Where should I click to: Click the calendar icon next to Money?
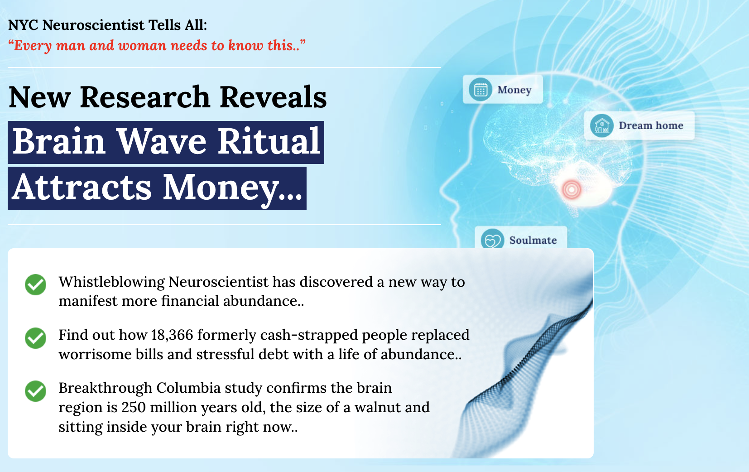[480, 90]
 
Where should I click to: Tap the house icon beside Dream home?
[601, 125]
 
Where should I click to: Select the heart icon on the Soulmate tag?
[492, 240]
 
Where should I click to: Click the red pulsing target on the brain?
[571, 189]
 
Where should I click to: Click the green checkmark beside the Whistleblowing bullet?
[35, 284]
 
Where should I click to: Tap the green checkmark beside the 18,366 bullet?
[35, 338]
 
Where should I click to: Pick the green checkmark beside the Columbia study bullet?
[35, 391]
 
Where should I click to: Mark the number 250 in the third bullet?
[134, 408]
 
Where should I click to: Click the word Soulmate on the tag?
[533, 241]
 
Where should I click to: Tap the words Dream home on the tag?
[651, 126]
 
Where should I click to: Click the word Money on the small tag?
[514, 90]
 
